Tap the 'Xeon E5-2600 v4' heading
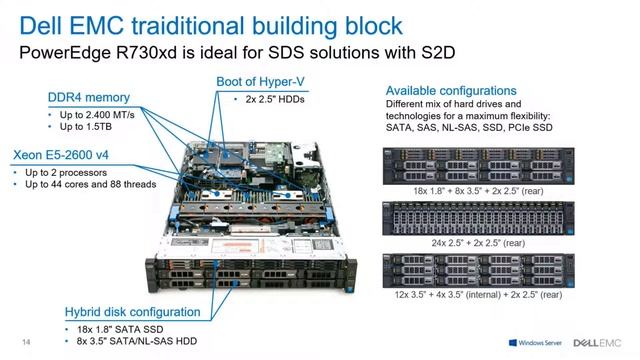point(62,155)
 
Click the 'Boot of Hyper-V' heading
point(263,81)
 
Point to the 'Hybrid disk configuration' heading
point(133,312)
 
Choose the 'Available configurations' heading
point(451,90)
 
